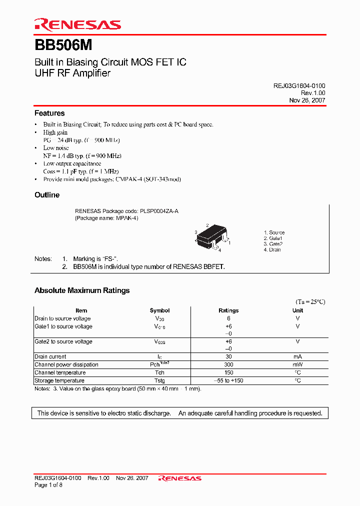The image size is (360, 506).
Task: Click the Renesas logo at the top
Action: (x=77, y=24)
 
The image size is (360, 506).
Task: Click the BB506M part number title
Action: (x=63, y=45)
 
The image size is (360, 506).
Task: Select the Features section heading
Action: (x=49, y=113)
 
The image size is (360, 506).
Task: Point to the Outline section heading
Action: (x=47, y=195)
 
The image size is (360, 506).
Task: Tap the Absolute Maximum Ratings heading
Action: (x=82, y=290)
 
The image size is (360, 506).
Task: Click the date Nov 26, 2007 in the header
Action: (x=307, y=100)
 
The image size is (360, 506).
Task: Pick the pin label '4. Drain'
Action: (x=272, y=249)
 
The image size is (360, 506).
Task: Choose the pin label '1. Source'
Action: (x=274, y=232)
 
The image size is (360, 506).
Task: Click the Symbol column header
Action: (x=159, y=310)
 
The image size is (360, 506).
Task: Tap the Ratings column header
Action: (x=228, y=310)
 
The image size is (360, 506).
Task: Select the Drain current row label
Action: (x=50, y=356)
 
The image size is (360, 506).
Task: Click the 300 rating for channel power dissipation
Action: (x=228, y=364)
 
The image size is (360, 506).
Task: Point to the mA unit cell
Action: (x=297, y=356)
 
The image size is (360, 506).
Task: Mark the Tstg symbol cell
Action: (x=159, y=380)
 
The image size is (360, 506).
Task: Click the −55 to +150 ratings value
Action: (x=228, y=380)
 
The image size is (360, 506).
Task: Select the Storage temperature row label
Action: (x=59, y=380)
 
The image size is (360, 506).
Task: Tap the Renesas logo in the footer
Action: (x=180, y=478)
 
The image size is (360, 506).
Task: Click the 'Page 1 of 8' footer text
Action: (x=48, y=485)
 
